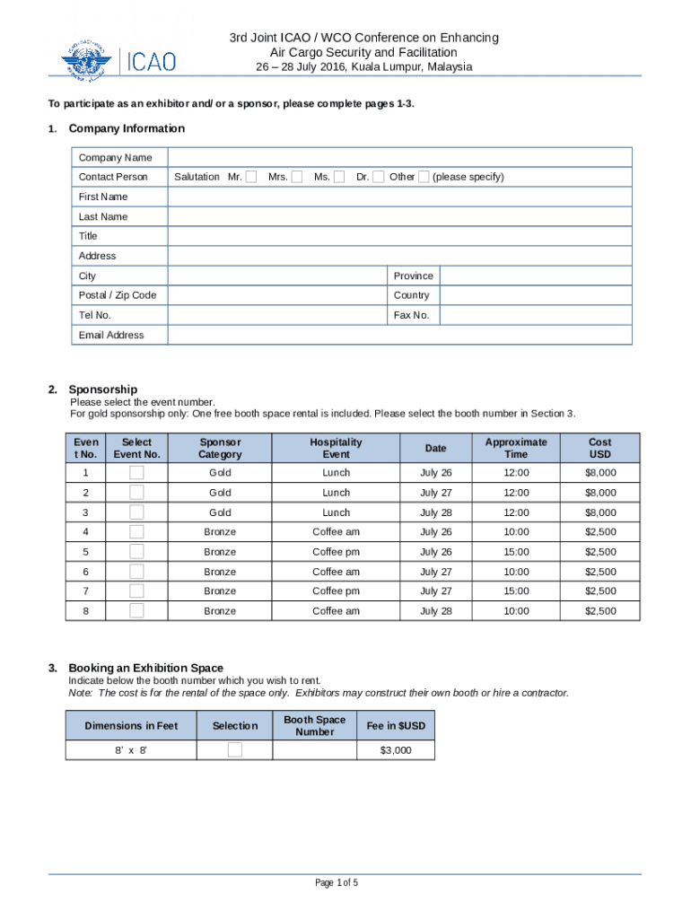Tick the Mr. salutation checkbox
pos(251,177)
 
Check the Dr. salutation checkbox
pos(379,177)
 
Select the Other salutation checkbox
pos(424,177)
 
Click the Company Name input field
pos(399,157)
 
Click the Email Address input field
pos(399,335)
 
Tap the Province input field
pos(536,276)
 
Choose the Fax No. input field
pos(536,315)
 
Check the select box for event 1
pos(136,473)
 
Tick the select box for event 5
pos(136,552)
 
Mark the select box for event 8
pos(136,611)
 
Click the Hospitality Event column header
pos(337,448)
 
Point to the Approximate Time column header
pos(516,448)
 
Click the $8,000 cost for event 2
pos(600,493)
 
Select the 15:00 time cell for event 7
pos(516,591)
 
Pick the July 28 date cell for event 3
pos(435,512)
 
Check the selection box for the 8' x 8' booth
pos(234,750)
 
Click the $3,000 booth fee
pos(395,750)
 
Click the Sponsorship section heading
pos(103,389)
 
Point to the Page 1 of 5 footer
pos(337,883)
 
